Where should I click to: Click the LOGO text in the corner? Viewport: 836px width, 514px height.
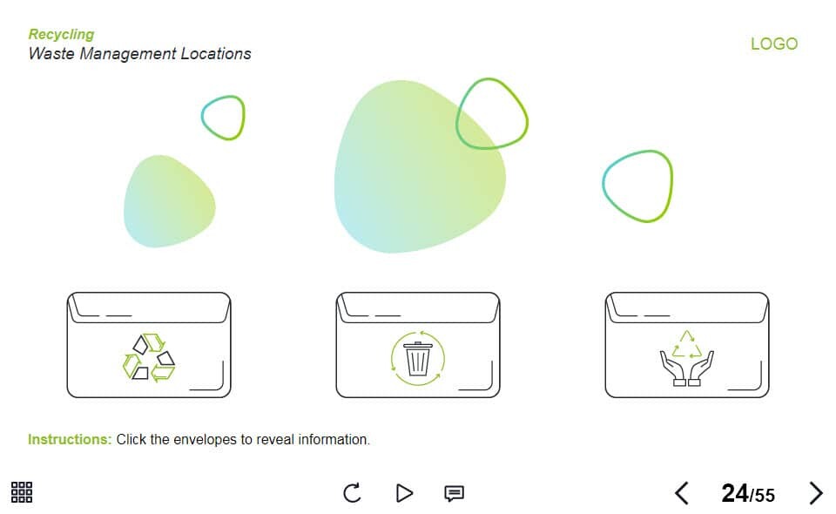pos(774,44)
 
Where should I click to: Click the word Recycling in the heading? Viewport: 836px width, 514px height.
pos(61,35)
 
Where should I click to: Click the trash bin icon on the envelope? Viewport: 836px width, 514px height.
pos(417,358)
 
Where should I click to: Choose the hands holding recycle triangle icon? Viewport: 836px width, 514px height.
pos(687,358)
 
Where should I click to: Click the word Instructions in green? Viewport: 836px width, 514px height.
pos(70,439)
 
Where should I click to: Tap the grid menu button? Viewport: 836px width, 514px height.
pos(22,492)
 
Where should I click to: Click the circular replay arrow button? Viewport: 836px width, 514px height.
pos(352,493)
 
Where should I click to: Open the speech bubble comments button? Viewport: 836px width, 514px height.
pos(454,493)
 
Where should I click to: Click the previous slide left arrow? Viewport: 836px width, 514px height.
pos(681,493)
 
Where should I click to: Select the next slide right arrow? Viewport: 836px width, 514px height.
pos(816,493)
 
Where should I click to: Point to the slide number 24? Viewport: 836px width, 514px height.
pos(735,493)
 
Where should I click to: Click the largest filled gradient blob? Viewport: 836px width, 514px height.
pos(420,166)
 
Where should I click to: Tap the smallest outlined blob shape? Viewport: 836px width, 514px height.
pos(224,118)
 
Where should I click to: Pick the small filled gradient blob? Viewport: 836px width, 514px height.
pos(169,201)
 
